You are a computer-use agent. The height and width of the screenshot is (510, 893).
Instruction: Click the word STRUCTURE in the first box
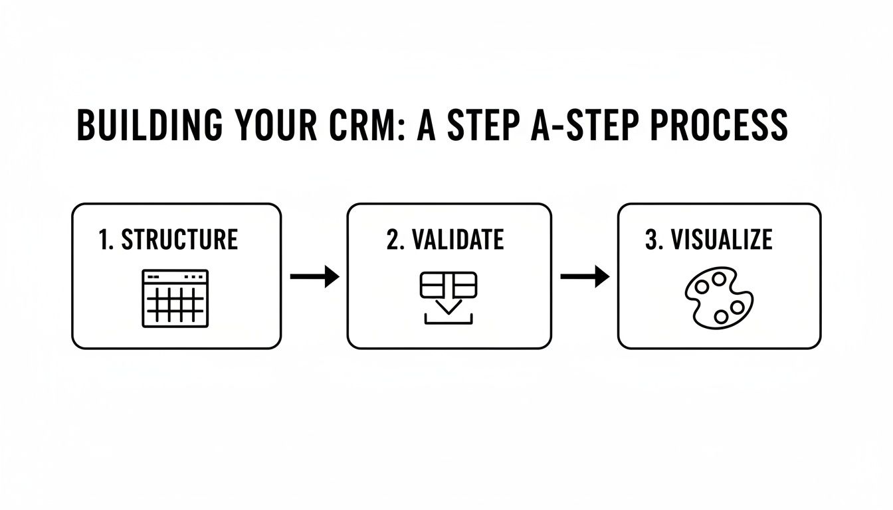(x=179, y=240)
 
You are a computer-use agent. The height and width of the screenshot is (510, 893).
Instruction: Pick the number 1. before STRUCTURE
(x=106, y=240)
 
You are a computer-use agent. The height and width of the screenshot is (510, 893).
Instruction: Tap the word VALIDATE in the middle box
(x=458, y=240)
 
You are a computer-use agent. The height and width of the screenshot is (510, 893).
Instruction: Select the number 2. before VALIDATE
(x=396, y=240)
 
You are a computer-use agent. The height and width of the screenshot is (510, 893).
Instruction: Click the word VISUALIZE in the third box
(x=722, y=240)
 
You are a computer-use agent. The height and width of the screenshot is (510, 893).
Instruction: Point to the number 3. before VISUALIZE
(x=654, y=240)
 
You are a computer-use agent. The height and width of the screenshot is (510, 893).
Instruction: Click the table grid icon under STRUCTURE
(x=175, y=299)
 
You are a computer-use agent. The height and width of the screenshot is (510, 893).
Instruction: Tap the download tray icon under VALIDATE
(x=448, y=299)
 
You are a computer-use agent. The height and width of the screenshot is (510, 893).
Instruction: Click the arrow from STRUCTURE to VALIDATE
(x=315, y=276)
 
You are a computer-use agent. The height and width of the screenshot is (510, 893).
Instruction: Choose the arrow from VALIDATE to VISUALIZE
(x=585, y=276)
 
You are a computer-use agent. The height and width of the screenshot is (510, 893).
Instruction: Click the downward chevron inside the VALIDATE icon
(x=448, y=305)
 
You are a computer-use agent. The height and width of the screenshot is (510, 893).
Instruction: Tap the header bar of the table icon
(x=175, y=275)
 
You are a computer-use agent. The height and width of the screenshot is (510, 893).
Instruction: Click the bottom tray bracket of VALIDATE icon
(x=448, y=323)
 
